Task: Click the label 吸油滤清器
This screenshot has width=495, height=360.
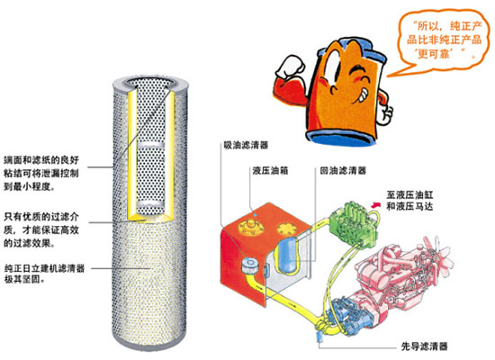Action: [x=246, y=145]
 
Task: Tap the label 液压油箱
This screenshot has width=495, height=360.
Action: [x=270, y=170]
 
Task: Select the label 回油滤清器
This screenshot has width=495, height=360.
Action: [x=343, y=170]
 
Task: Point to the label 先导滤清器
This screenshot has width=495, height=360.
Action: [x=424, y=346]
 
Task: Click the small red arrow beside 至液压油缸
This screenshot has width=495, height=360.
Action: [x=375, y=204]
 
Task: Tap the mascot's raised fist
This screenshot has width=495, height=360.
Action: [x=290, y=67]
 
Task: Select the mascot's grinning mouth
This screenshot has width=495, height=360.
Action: [x=362, y=95]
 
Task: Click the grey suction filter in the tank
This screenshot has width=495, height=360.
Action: [x=251, y=265]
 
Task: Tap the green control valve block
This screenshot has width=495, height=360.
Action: [x=353, y=222]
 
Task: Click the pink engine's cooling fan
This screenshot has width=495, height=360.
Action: [x=440, y=256]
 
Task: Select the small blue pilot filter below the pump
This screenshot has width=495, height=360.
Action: [x=319, y=337]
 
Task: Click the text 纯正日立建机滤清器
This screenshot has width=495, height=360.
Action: [x=44, y=268]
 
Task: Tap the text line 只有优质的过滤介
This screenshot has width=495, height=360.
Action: [x=41, y=217]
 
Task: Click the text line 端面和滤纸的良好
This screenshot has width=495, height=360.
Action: [x=41, y=160]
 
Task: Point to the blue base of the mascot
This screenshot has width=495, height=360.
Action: [x=342, y=138]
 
